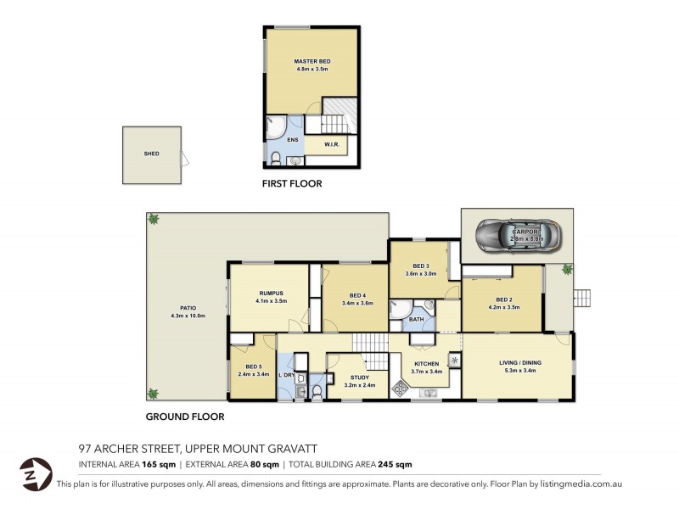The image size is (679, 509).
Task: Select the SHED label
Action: click(x=151, y=154)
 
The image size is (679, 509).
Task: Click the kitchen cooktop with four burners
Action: click(x=399, y=388)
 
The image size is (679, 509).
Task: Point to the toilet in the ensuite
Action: click(x=277, y=157)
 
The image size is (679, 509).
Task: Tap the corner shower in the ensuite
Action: click(x=276, y=127)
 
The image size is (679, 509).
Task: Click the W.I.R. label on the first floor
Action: click(x=332, y=145)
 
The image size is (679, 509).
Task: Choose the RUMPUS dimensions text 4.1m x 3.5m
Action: click(x=271, y=301)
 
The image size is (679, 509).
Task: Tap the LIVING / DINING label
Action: click(x=519, y=362)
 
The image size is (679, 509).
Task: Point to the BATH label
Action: click(x=415, y=320)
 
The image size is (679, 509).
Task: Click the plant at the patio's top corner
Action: click(x=154, y=220)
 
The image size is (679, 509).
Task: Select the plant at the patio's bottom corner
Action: click(x=154, y=394)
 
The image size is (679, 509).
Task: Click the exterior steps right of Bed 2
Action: click(x=581, y=298)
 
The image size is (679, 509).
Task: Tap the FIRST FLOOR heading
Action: click(x=292, y=183)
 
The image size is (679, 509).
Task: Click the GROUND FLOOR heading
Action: click(x=185, y=417)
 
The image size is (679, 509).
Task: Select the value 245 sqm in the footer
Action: click(x=396, y=464)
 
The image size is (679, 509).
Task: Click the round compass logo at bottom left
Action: click(x=35, y=472)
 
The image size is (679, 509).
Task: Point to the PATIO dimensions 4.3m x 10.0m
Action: click(x=188, y=316)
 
